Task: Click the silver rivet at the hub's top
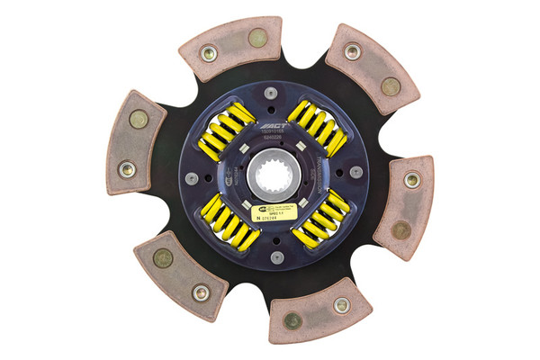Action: click(x=271, y=92)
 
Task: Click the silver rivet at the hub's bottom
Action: click(x=276, y=256)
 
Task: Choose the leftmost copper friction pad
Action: click(x=134, y=143)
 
